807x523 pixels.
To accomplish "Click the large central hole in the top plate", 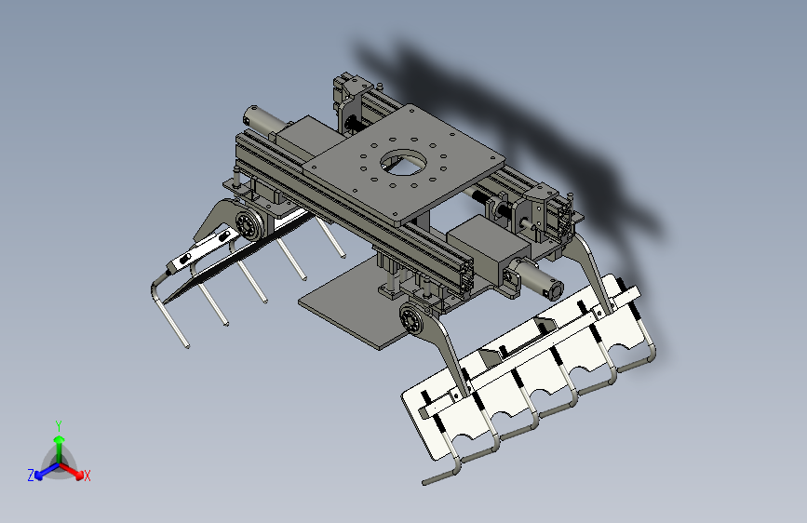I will (403, 166).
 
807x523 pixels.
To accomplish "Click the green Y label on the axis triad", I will (59, 423).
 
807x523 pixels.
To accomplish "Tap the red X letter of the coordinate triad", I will (87, 476).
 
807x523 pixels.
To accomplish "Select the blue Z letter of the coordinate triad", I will (31, 475).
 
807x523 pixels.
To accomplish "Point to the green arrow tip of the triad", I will (59, 437).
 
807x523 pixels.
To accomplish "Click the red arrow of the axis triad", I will (74, 469).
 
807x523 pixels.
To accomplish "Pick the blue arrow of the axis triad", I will (44, 470).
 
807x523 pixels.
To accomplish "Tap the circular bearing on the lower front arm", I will (410, 322).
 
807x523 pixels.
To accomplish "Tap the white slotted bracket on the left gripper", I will (197, 251).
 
